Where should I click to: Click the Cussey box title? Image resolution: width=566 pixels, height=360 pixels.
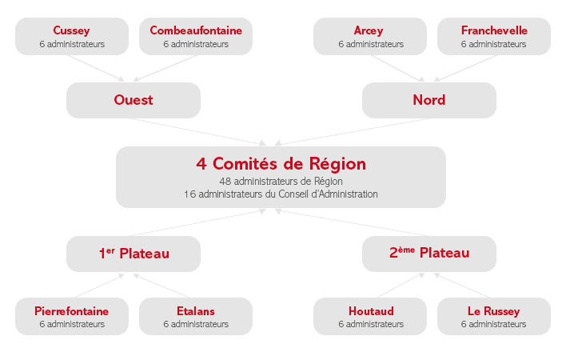point(71,30)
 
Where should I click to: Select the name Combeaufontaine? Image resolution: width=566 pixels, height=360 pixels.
point(196,30)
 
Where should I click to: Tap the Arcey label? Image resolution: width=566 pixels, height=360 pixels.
point(369,30)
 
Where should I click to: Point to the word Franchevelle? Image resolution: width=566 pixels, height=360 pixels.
point(494,30)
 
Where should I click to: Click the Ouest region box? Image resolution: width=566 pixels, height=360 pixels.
point(134,100)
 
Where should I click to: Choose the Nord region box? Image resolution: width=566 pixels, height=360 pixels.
point(429,100)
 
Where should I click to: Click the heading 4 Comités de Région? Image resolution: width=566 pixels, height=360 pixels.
point(281,164)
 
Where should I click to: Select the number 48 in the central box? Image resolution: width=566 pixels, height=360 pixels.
point(225,181)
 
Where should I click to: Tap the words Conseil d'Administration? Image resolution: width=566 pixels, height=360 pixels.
point(328,194)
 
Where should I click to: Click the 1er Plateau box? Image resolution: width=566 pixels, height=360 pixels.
point(134,254)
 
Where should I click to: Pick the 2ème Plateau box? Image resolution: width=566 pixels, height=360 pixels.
point(429,254)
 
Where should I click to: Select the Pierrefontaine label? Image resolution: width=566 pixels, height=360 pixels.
point(71,311)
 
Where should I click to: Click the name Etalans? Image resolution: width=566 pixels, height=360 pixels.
point(196,311)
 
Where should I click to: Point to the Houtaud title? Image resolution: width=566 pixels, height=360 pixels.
point(371,311)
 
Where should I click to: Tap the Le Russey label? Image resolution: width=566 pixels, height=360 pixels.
point(494,311)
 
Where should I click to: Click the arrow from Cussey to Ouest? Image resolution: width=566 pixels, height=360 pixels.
point(96,68)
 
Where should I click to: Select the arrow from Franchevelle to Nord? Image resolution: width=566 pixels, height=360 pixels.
point(465,68)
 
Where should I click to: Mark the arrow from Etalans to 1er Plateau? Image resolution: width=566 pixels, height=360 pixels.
point(161,286)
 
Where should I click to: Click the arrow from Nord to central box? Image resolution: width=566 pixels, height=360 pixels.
point(352,132)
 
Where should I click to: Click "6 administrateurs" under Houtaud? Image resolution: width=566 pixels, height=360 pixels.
point(371,324)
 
